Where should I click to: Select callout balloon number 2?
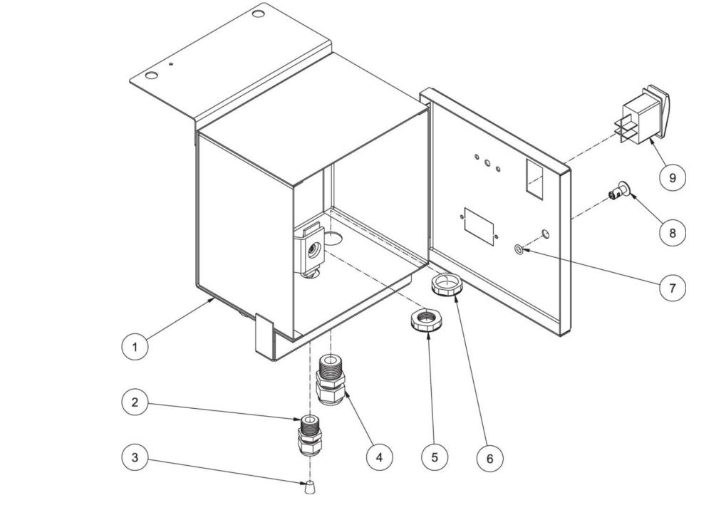click(134, 402)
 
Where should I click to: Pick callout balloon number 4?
click(379, 456)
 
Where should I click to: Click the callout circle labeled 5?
click(435, 457)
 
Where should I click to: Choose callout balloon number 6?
click(489, 459)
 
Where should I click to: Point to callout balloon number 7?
click(671, 288)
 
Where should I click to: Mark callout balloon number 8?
click(671, 232)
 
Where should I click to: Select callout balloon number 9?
click(671, 177)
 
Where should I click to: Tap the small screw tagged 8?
click(618, 190)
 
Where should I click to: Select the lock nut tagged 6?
click(447, 287)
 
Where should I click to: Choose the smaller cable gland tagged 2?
click(309, 434)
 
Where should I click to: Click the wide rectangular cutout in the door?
click(479, 227)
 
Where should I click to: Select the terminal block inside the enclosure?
click(311, 249)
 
